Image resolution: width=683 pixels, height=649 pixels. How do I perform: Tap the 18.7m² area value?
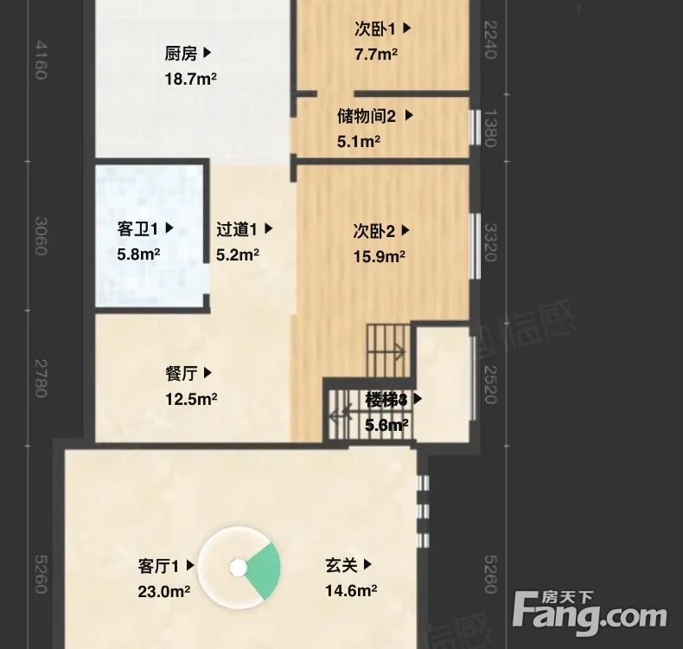point(190,80)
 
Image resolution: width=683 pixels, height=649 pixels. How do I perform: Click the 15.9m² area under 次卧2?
point(380,256)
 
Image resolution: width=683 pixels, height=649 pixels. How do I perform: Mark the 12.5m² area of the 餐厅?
point(190,399)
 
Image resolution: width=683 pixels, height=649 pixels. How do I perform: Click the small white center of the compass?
point(239,568)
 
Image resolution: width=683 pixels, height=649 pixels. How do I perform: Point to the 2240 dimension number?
point(490,40)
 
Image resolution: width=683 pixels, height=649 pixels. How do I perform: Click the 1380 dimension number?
point(490,128)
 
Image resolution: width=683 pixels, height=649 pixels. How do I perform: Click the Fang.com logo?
point(591,613)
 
